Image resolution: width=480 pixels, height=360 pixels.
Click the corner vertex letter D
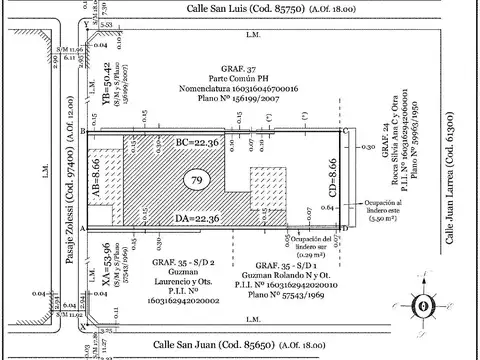pos(345,228)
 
